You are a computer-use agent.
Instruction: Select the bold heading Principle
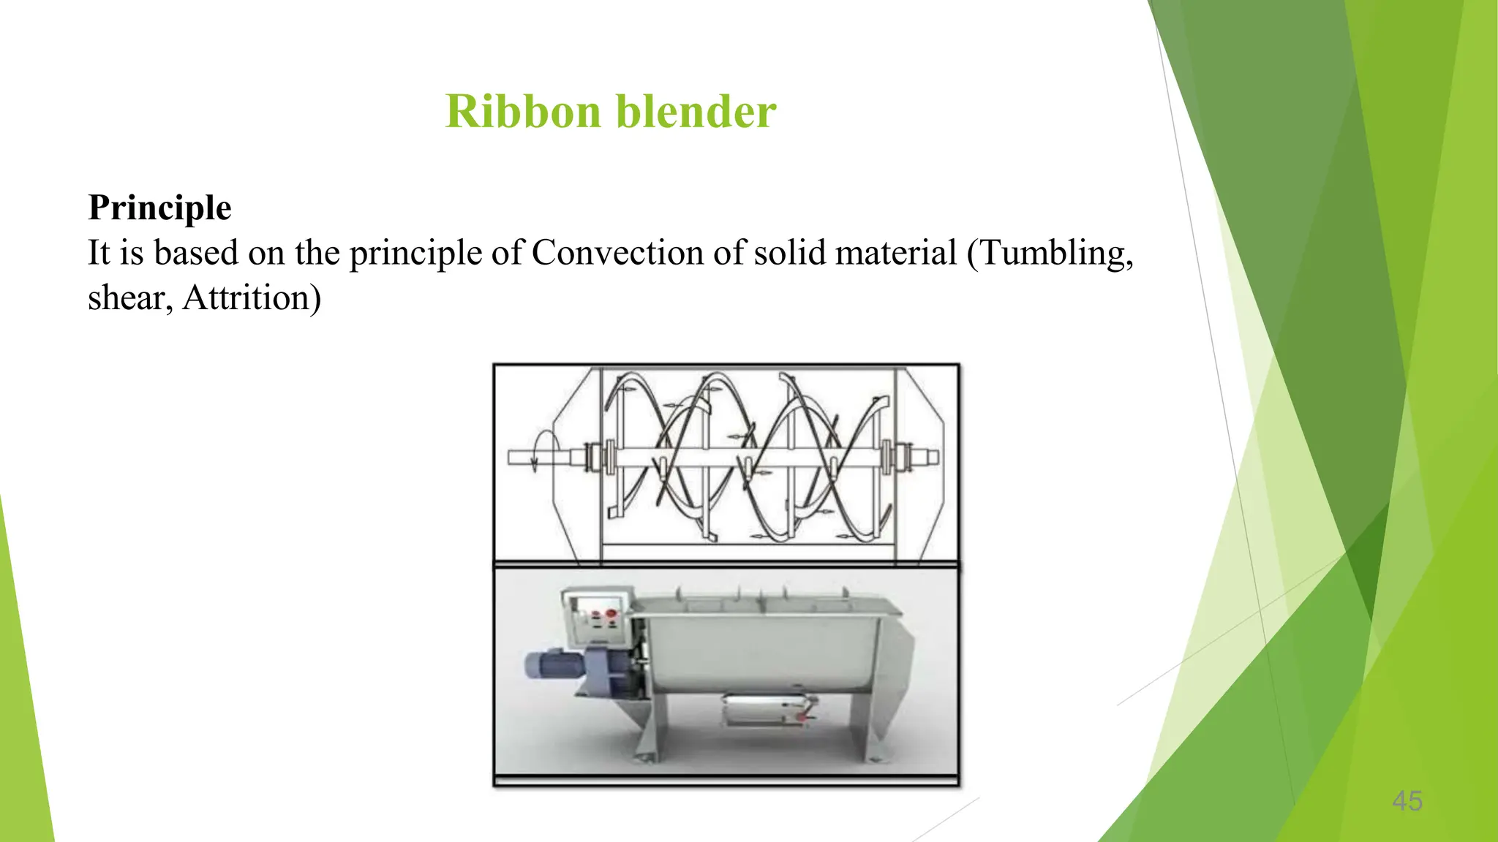[x=159, y=208]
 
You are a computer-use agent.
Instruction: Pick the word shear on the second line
[x=127, y=298]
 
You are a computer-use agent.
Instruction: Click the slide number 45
[x=1407, y=801]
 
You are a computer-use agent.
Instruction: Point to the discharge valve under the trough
[x=768, y=710]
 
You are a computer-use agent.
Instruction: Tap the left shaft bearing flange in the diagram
[x=606, y=458]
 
